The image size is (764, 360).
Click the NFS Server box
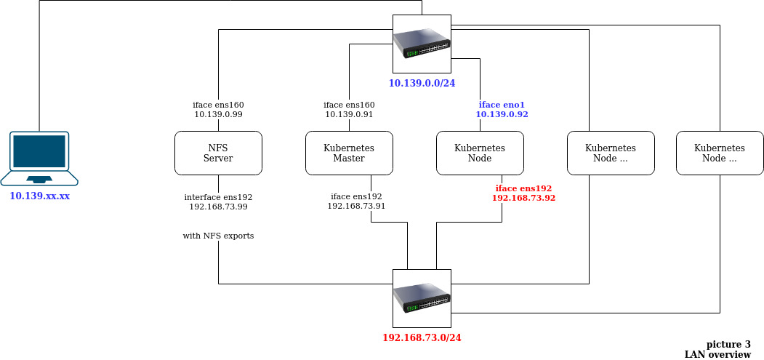point(218,153)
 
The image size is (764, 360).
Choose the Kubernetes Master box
point(349,153)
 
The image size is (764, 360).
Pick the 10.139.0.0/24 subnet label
point(422,83)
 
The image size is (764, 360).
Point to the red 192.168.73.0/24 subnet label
point(422,337)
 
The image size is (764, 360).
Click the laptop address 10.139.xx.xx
point(39,196)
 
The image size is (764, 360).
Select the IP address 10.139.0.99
point(218,115)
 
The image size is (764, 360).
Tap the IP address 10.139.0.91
point(349,115)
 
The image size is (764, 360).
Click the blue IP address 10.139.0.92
point(502,115)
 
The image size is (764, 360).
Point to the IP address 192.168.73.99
point(218,207)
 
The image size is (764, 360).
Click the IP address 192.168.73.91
point(356,207)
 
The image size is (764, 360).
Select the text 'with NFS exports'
point(218,236)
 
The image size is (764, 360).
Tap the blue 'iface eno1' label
point(502,105)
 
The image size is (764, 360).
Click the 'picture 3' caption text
point(728,344)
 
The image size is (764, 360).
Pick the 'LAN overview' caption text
point(717,354)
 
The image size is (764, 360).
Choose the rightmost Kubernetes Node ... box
point(720,153)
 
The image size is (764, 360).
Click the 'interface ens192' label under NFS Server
point(218,197)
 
